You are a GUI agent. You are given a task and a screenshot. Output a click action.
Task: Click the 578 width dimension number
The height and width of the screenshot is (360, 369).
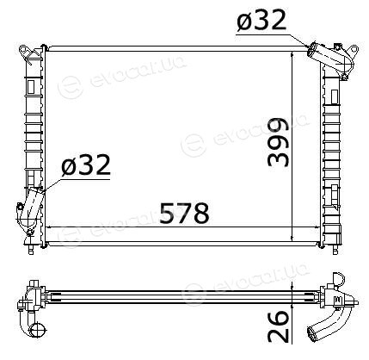coord(184,213)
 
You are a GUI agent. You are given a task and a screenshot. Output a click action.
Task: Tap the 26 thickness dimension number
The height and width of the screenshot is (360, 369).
coord(278,326)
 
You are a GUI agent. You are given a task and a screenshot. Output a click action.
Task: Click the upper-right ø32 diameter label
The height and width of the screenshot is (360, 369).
coord(261,21)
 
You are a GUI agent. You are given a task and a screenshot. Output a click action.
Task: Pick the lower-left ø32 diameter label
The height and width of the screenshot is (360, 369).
coord(86,165)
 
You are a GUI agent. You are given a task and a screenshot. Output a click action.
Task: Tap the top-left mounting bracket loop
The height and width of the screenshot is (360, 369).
coord(27,53)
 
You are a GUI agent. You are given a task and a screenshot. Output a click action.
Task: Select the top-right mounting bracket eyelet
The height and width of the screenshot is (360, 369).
coord(354,49)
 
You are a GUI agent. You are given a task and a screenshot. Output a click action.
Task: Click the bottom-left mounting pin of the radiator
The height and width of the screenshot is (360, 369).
coord(31,249)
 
